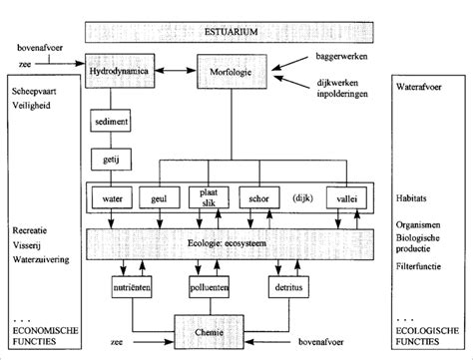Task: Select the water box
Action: (112, 198)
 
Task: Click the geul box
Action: (159, 198)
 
